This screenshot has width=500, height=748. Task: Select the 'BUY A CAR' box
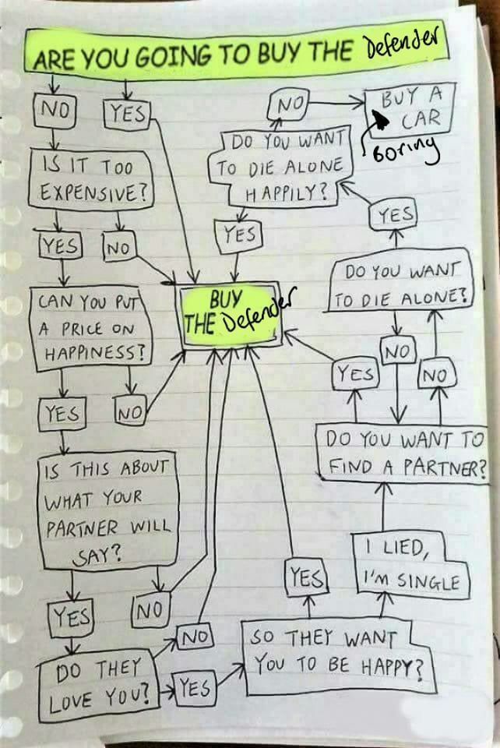tap(410, 109)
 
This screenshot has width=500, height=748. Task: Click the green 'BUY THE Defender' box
tap(229, 314)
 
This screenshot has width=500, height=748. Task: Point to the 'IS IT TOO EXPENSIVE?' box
tap(92, 180)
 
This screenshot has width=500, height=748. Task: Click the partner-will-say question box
tap(109, 511)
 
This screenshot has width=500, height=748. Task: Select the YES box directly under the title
tap(126, 114)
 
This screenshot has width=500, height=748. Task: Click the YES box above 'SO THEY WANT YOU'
tap(307, 577)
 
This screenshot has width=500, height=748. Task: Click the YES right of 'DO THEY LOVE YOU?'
tap(195, 687)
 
